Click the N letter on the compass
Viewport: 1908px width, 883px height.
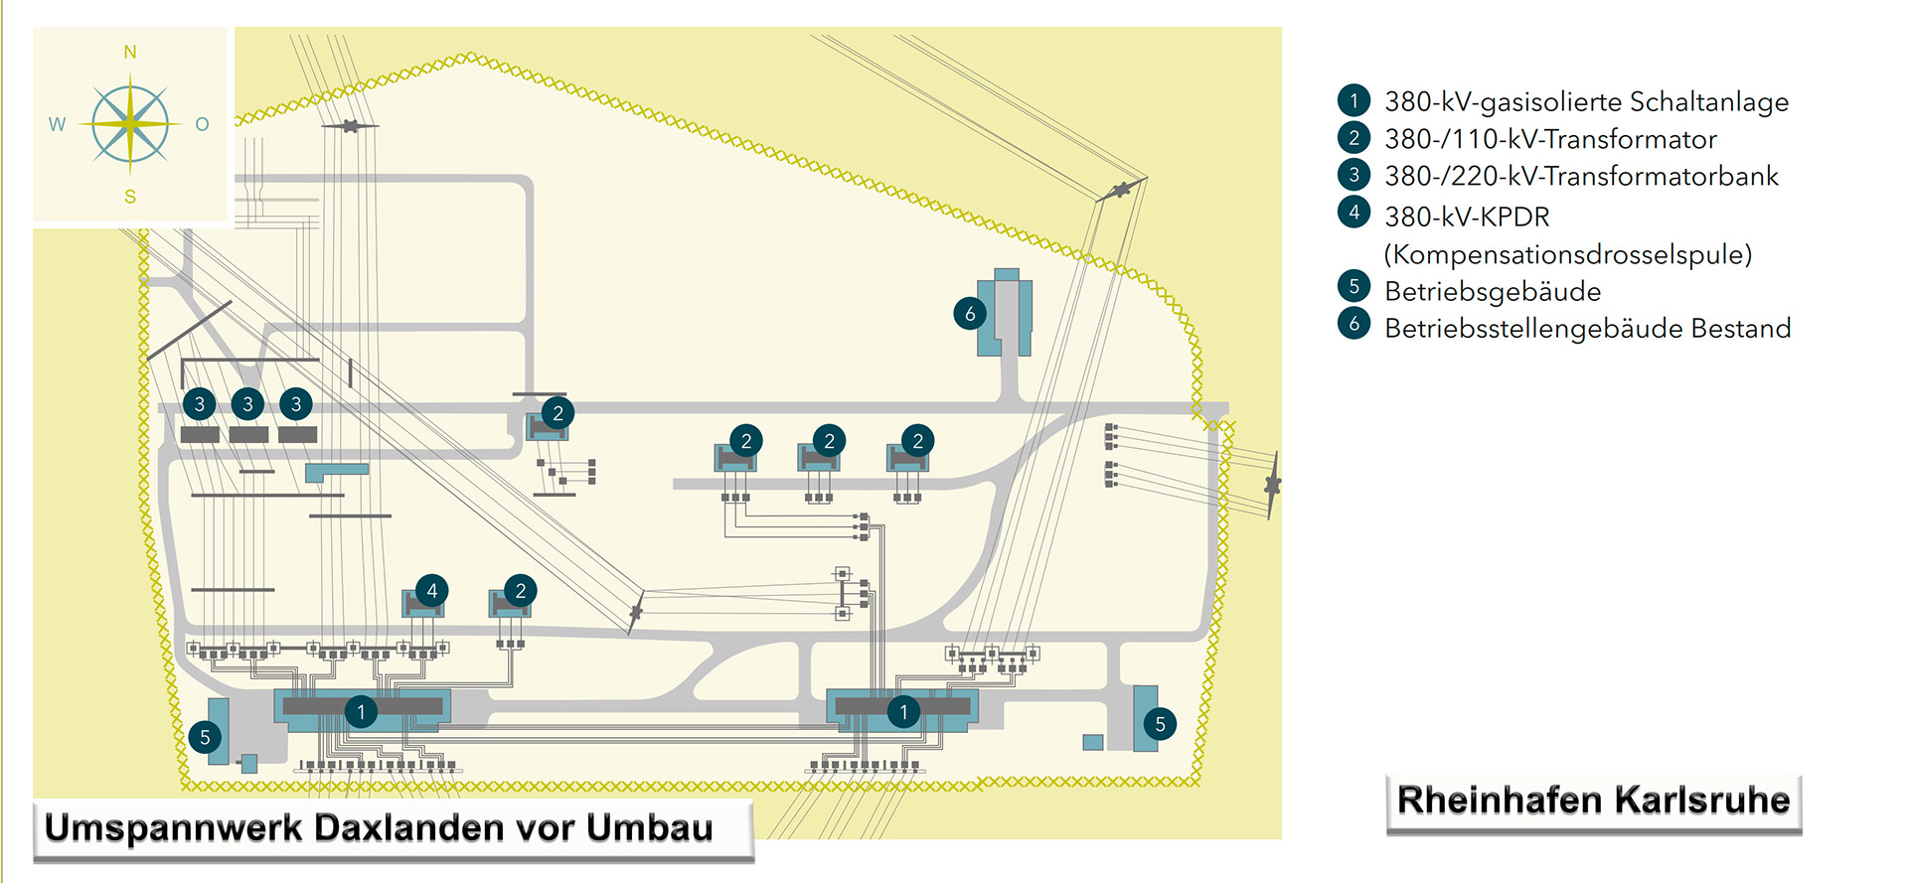[130, 52]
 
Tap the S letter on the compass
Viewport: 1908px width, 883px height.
[130, 197]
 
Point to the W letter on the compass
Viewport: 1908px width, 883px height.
[57, 124]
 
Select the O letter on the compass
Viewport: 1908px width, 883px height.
[203, 124]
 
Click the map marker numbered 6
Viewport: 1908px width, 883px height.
[970, 314]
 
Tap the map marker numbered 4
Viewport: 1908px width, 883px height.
[431, 591]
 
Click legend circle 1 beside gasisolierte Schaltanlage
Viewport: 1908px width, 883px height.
[1353, 100]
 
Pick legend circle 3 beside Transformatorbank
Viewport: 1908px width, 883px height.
[1353, 175]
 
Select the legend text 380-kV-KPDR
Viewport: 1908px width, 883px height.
[1467, 217]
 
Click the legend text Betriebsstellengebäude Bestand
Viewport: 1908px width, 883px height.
[1587, 329]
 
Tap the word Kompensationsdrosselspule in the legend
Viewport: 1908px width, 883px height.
[1567, 254]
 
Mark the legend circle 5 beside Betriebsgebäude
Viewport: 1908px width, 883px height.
[1353, 286]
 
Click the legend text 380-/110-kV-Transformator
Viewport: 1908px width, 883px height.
[1550, 139]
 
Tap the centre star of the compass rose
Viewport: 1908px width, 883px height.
[130, 124]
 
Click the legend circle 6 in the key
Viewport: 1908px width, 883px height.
[1353, 324]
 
